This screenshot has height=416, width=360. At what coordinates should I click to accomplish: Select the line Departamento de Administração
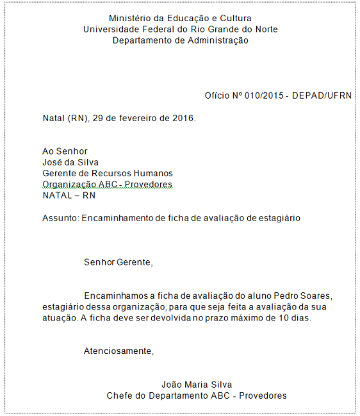tap(180, 40)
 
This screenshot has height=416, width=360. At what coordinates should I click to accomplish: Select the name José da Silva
tap(70, 162)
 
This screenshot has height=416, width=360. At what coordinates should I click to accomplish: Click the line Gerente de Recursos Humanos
tap(107, 173)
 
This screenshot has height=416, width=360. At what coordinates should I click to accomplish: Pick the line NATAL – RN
tap(69, 196)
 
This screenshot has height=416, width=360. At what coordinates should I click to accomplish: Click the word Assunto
tap(60, 218)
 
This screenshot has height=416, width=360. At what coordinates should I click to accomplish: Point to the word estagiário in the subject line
tap(277, 218)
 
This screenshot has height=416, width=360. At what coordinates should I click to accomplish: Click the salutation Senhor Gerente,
tap(119, 262)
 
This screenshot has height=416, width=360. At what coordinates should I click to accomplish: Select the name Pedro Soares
tap(304, 295)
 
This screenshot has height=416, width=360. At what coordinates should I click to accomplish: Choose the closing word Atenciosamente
tap(119, 351)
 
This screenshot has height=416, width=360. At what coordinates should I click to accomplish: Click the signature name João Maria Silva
tap(196, 385)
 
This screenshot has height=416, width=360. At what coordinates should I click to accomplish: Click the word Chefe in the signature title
tap(119, 395)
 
